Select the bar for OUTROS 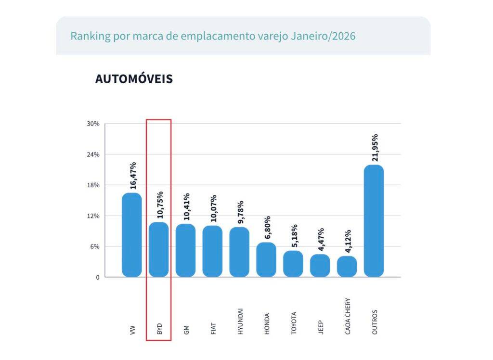[x=374, y=221]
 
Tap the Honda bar [x=266, y=260]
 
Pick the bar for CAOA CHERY [x=347, y=267]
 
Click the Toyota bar [x=293, y=264]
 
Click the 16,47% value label [x=133, y=176]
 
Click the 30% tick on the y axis [x=93, y=124]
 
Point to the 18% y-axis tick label [x=93, y=185]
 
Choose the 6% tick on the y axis [x=94, y=246]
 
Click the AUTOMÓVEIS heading [x=134, y=79]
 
